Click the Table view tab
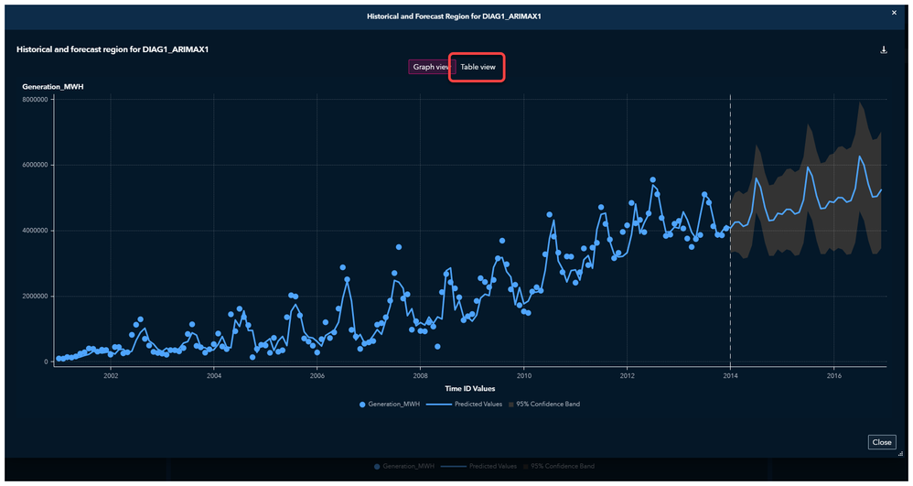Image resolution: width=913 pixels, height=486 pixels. pos(477,67)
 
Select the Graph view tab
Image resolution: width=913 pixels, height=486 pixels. pos(430,67)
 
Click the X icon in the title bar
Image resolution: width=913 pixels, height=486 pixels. pos(895,13)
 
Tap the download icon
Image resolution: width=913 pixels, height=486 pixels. pos(884,50)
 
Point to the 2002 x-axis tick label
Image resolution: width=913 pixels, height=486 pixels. pos(111,375)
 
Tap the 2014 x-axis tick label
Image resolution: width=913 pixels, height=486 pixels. pos(730,375)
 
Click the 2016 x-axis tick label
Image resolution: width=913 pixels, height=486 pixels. pos(833,375)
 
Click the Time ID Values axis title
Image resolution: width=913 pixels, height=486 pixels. pos(470,389)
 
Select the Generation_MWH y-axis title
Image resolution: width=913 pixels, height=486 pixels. pos(53,86)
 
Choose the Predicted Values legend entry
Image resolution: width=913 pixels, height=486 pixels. pos(478,404)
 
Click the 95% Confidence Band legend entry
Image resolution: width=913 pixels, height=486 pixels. pos(548,404)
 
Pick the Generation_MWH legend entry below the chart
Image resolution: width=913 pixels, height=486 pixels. pos(392,404)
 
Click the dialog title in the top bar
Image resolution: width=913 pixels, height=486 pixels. pos(456,16)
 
